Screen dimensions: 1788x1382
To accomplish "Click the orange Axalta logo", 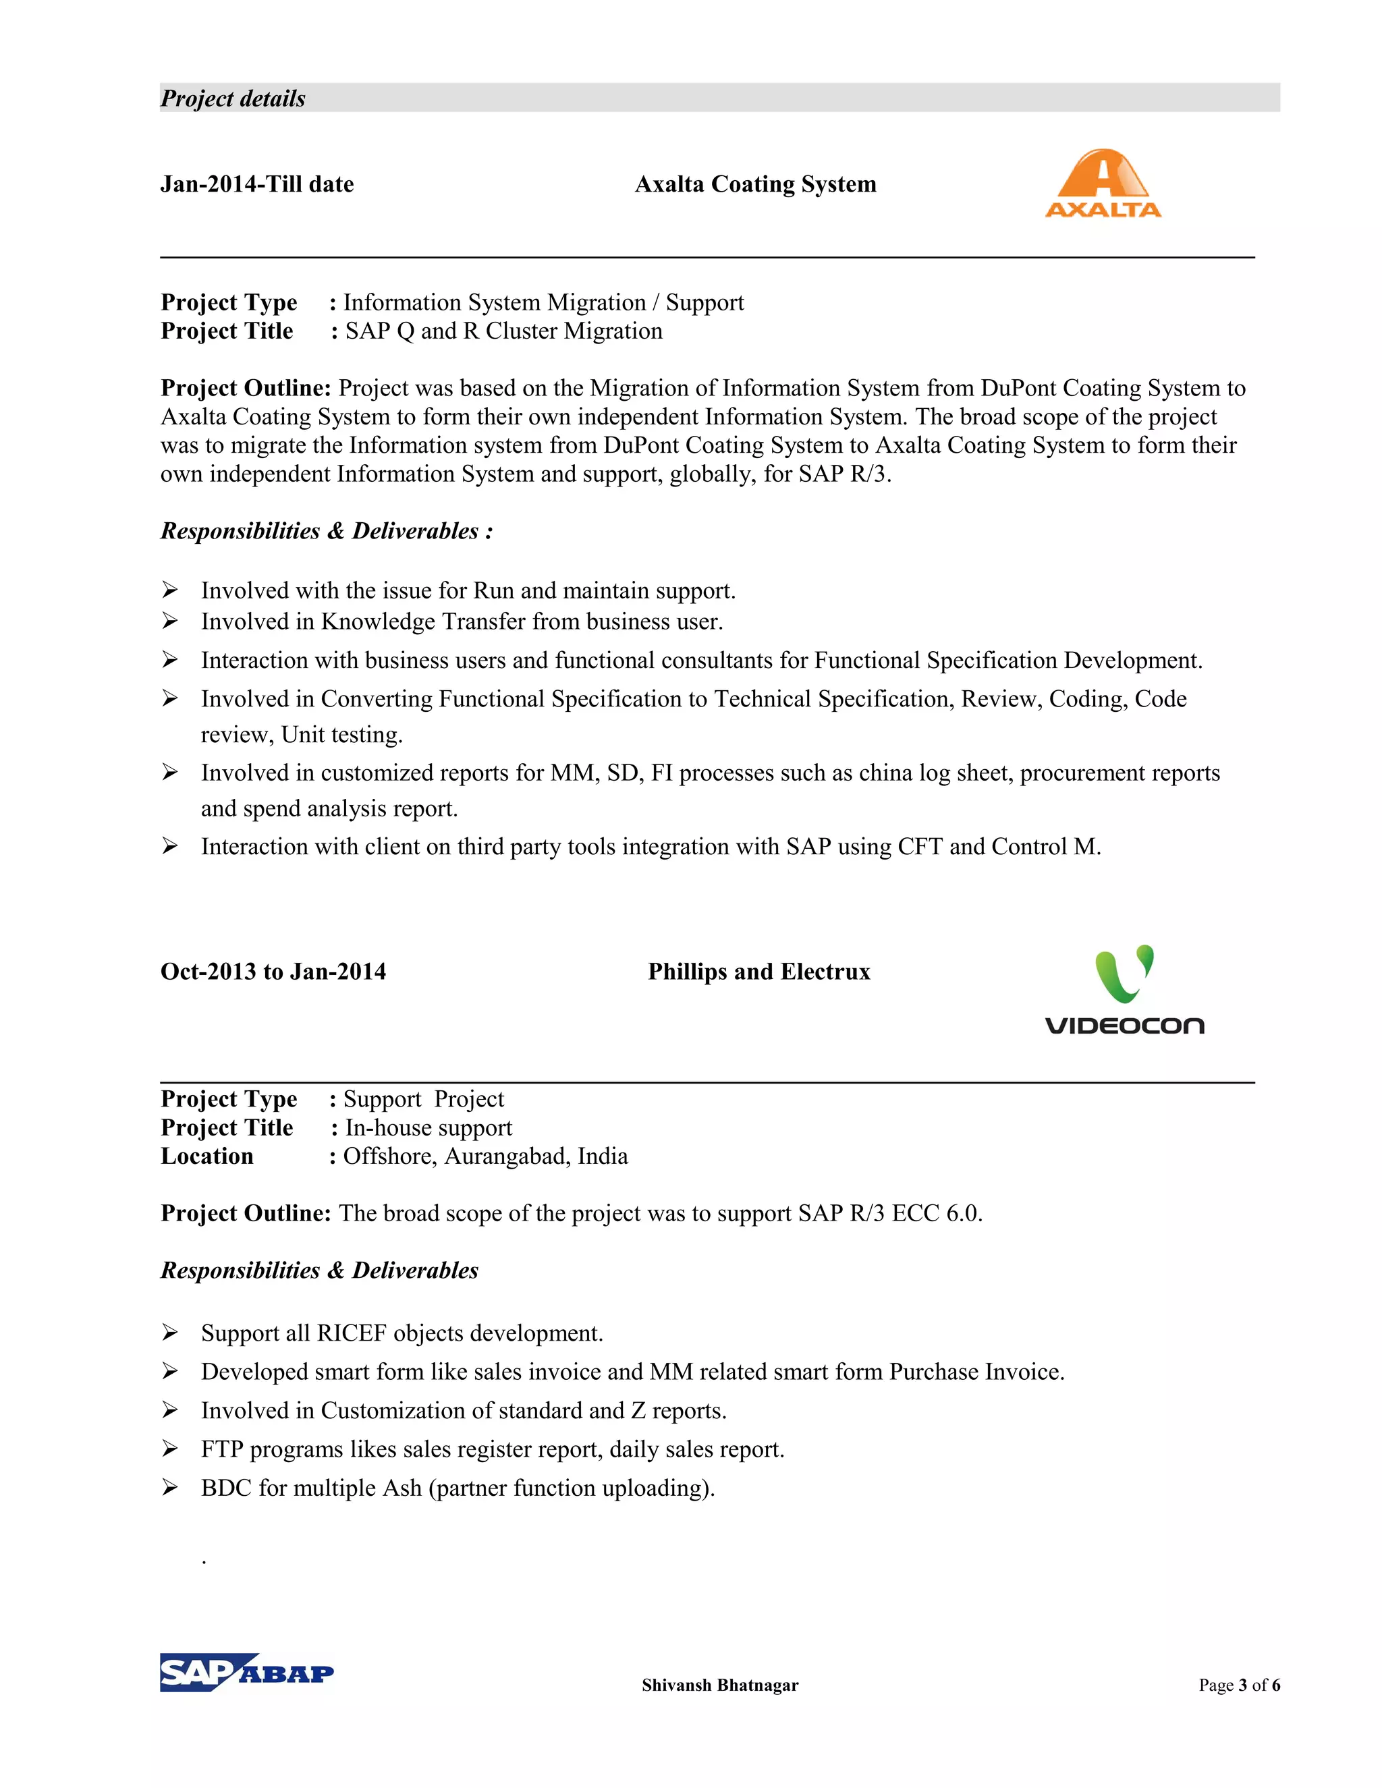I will tap(1103, 184).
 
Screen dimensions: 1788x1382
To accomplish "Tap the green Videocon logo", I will tap(1124, 989).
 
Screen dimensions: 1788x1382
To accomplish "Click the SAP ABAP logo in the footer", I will tap(246, 1672).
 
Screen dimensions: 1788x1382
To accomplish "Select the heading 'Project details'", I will tap(233, 99).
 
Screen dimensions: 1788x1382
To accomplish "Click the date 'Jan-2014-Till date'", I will tap(257, 184).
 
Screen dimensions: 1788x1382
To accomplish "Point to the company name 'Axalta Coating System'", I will tap(755, 184).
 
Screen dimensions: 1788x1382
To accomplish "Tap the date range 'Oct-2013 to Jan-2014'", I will tap(273, 972).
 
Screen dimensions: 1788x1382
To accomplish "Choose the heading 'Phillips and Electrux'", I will tap(758, 972).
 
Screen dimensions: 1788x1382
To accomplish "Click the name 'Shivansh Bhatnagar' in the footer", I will tap(719, 1685).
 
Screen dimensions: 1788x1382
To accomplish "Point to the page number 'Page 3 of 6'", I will tap(1239, 1685).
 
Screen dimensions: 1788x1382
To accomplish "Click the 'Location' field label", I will tap(207, 1156).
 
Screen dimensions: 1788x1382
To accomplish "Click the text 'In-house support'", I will tap(429, 1127).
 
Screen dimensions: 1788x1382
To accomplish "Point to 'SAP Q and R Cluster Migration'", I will tap(503, 331).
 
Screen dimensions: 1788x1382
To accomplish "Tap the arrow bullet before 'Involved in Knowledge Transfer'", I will tap(169, 621).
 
